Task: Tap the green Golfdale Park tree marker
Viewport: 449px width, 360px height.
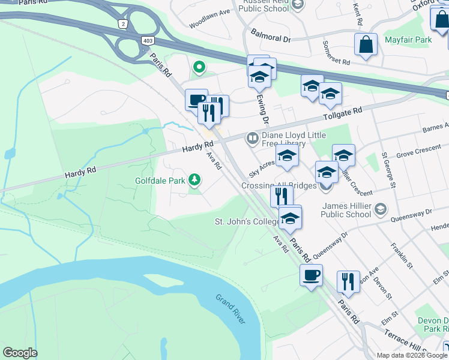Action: tap(194, 179)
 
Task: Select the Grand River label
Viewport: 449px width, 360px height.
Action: tap(231, 308)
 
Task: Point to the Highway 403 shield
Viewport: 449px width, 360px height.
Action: tap(148, 40)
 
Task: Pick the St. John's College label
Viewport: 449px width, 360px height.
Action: tap(247, 222)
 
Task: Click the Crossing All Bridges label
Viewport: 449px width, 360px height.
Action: tap(279, 185)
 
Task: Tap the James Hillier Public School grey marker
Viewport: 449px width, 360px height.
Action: tap(379, 209)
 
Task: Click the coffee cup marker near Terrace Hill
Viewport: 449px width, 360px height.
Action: tap(310, 275)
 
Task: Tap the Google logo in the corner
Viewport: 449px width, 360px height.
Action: tap(20, 353)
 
